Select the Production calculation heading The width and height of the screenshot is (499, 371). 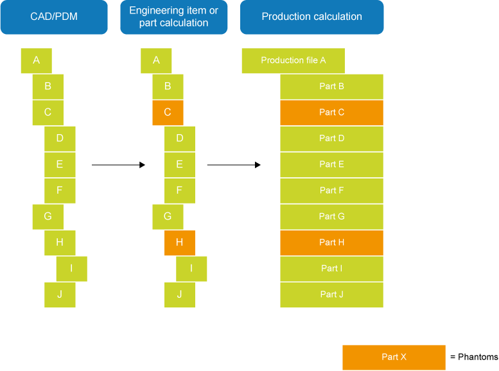311,16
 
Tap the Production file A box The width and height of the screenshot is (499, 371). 293,60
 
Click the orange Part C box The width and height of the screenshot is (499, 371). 331,112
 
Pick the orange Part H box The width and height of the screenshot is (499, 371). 331,243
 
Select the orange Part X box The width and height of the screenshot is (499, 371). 394,357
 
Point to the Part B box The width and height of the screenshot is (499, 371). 331,86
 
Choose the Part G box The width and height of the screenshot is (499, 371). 331,216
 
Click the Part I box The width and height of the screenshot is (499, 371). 331,268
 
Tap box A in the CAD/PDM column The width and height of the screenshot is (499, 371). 36,60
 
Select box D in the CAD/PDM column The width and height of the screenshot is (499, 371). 60,138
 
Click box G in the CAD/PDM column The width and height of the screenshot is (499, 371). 48,216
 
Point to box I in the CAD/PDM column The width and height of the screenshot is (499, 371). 71,268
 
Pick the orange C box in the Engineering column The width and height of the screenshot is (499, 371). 168,112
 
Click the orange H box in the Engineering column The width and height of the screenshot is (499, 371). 179,243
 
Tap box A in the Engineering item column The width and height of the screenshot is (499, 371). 156,60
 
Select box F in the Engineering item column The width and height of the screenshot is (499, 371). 179,191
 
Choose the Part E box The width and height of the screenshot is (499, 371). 331,164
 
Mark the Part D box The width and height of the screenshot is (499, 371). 331,138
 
